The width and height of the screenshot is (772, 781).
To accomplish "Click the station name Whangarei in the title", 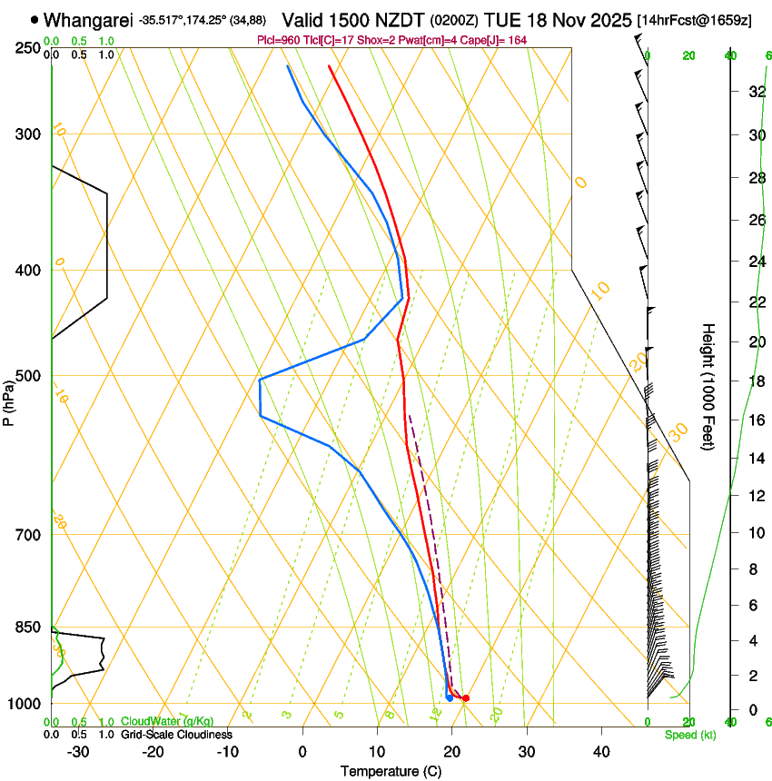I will coord(88,19).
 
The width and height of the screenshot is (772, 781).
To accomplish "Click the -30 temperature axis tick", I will coord(78,751).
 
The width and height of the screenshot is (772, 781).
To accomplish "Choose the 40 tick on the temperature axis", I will coord(601,751).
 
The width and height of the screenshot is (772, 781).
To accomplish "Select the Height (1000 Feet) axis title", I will coord(708,386).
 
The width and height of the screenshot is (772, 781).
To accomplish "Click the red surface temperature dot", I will coord(466,698).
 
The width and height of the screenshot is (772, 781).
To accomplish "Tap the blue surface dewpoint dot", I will coord(450,697).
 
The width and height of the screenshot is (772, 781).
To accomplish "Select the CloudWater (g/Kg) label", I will coord(167,722).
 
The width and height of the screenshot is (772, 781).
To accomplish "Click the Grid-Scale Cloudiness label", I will coord(176,735).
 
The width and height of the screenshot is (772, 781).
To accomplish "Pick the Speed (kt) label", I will coord(689,735).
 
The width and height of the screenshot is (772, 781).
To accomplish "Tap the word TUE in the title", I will coord(502,19).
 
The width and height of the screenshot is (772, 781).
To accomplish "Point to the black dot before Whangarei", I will coord(35,19).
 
